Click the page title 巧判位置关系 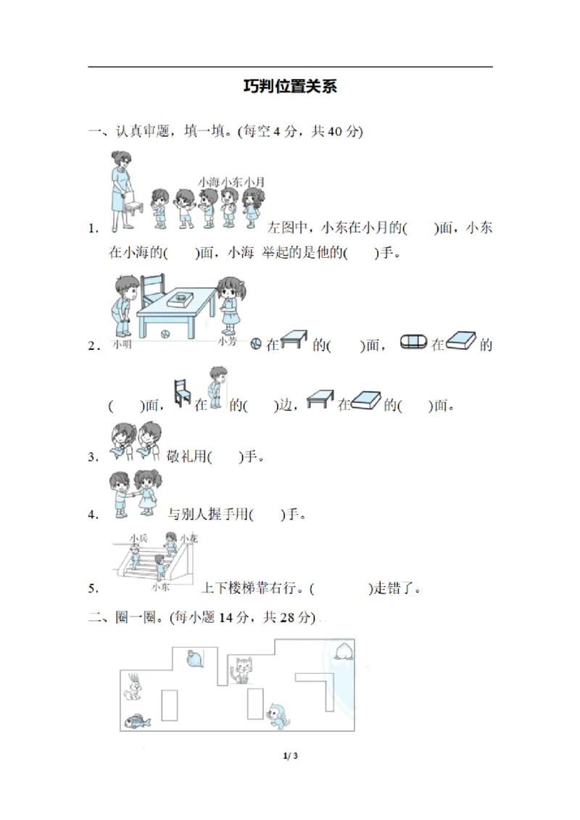coord(290,87)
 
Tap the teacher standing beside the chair coord(120,190)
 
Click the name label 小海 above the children coord(208,182)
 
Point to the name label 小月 coord(254,182)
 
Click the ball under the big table coord(165,334)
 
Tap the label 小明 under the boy coord(122,344)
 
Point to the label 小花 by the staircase coord(189,538)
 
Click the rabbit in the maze coord(133,687)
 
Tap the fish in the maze coord(137,721)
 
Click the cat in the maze coord(241,669)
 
